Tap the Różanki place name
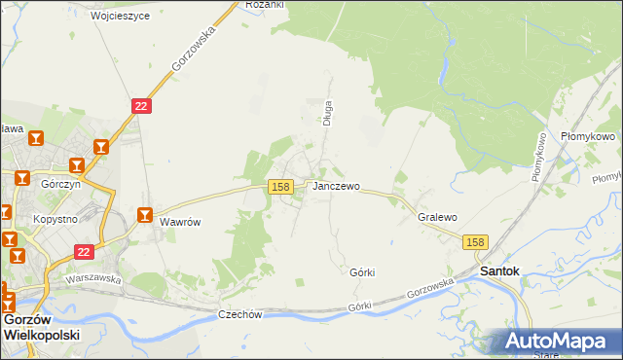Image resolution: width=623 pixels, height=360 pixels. (x=264, y=5)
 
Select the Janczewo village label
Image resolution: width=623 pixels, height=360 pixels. (x=336, y=186)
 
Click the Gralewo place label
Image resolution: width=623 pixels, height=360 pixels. (x=437, y=218)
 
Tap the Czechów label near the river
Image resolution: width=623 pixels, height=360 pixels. (x=240, y=314)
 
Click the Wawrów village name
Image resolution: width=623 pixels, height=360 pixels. (x=180, y=222)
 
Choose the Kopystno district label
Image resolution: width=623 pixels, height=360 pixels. (x=54, y=220)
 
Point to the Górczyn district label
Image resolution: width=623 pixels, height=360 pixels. (x=59, y=183)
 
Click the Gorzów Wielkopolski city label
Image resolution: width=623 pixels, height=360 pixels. (x=41, y=326)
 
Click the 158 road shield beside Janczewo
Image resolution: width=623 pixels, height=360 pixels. (x=280, y=186)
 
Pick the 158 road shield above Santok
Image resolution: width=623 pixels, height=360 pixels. (x=474, y=241)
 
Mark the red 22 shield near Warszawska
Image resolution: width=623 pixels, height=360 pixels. (x=85, y=252)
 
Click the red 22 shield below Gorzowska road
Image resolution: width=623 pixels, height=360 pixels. (x=142, y=106)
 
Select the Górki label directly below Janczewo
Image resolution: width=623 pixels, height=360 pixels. (x=362, y=273)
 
